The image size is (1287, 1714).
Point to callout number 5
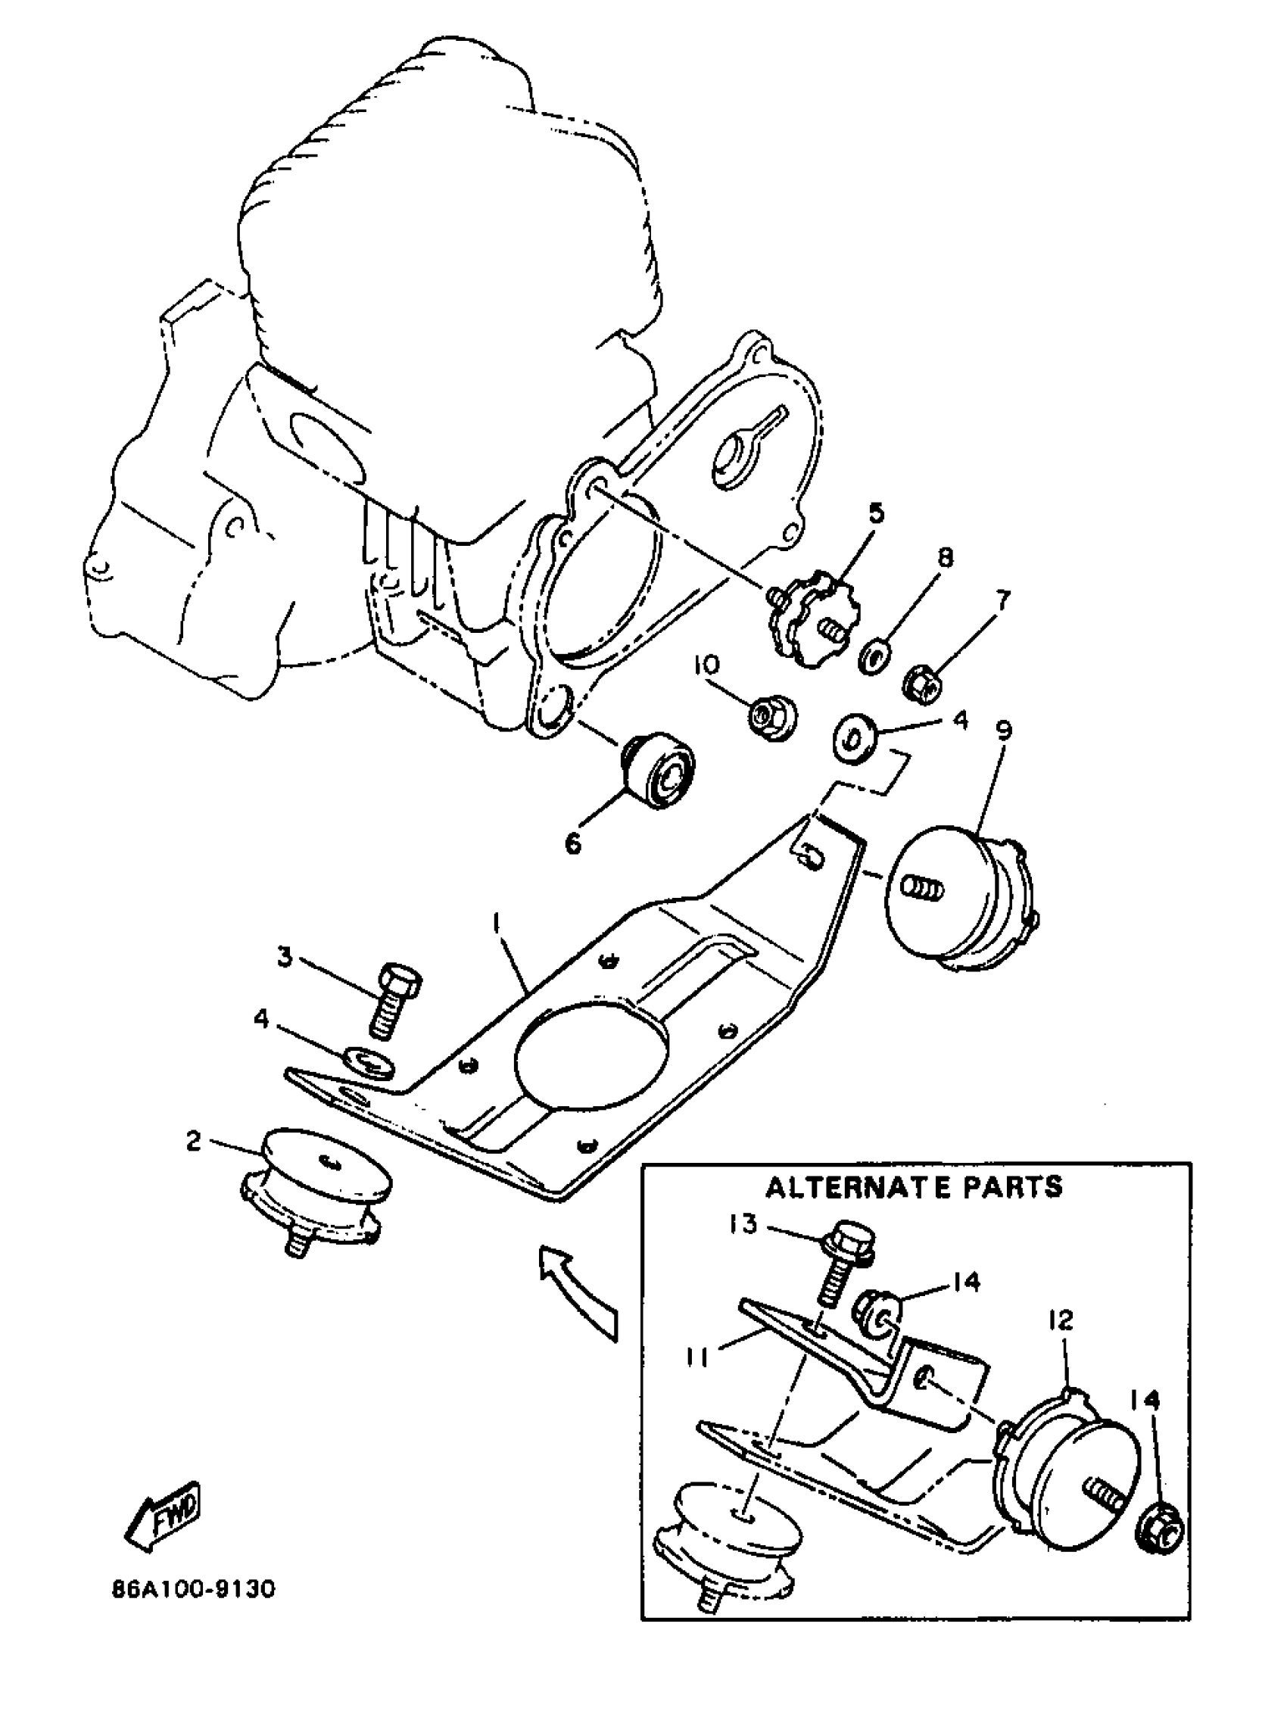[x=876, y=513]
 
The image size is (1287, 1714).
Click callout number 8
[x=945, y=557]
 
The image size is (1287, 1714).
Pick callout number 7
[x=1003, y=600]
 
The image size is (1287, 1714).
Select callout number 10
[x=706, y=663]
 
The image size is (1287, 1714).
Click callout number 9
[x=1004, y=729]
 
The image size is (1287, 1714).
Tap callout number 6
[x=572, y=843]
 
